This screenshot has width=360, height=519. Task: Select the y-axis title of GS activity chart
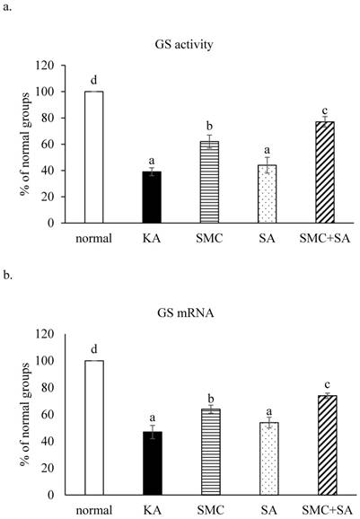(19, 144)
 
